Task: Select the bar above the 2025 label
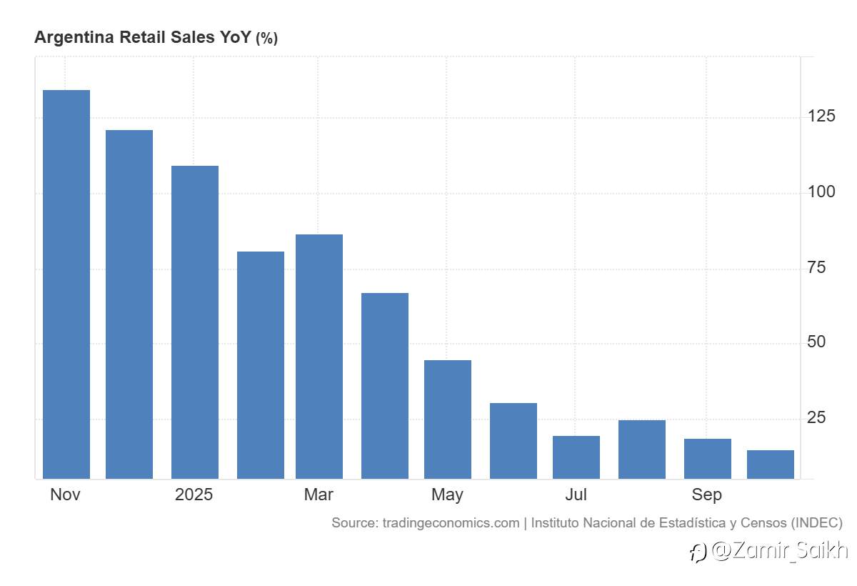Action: point(194,322)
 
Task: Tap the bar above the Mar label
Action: point(319,357)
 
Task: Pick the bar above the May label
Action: point(447,419)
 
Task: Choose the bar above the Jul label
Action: point(576,457)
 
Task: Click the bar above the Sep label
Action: point(707,459)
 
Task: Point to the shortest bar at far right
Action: point(770,465)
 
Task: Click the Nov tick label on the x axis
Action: point(65,495)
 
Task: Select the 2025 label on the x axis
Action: point(194,495)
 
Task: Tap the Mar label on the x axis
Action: point(319,495)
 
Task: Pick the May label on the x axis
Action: point(447,495)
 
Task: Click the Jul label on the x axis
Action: point(576,495)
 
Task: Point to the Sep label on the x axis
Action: point(706,495)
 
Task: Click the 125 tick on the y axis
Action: point(821,116)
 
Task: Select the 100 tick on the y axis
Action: point(821,192)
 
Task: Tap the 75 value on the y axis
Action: point(816,267)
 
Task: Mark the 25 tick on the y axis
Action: point(816,417)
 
